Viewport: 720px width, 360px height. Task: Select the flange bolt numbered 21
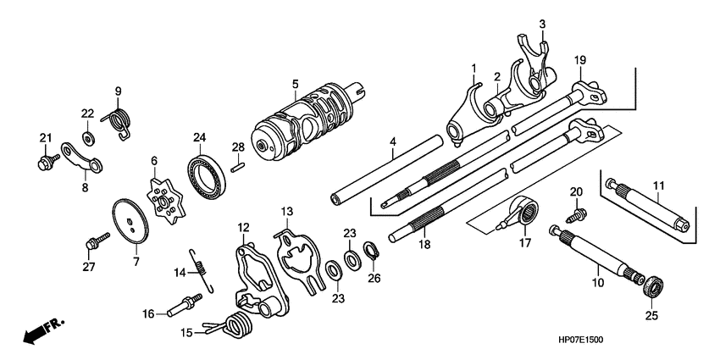click(45, 161)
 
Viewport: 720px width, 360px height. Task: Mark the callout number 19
click(579, 60)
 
